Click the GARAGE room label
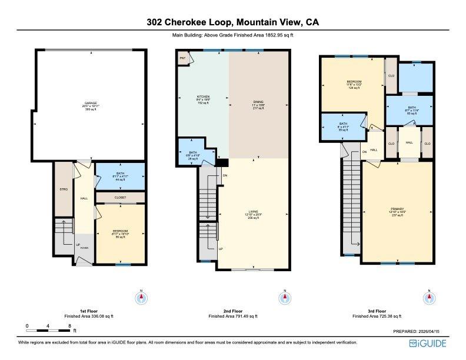click(x=90, y=104)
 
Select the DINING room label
click(x=259, y=102)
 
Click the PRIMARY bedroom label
click(x=397, y=209)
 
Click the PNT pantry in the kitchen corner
click(x=182, y=59)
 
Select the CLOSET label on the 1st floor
click(x=119, y=198)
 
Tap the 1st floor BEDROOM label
click(x=119, y=231)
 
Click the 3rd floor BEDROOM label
click(x=354, y=82)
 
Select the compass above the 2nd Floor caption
click(x=285, y=298)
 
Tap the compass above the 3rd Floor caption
click(x=428, y=298)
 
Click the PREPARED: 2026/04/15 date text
click(x=420, y=332)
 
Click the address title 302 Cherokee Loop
click(x=232, y=22)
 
